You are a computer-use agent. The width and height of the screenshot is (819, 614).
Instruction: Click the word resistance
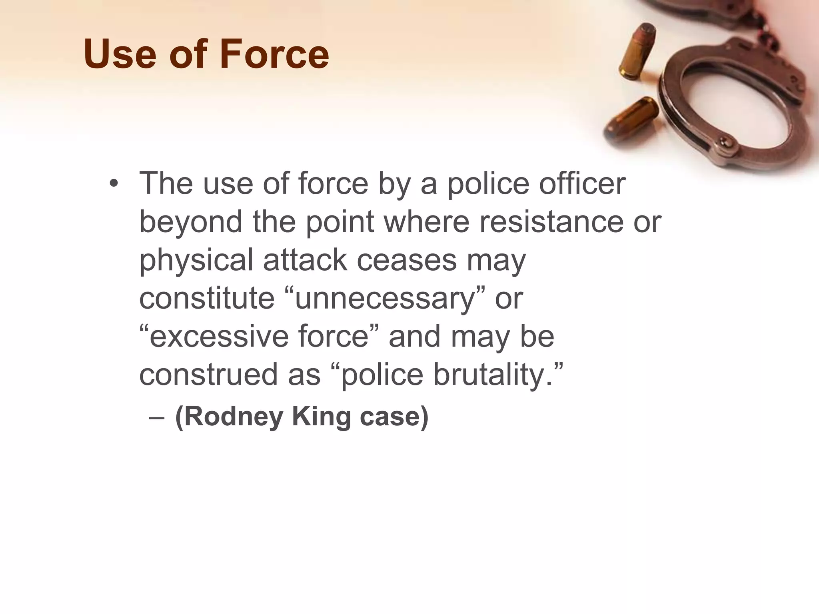coord(551,221)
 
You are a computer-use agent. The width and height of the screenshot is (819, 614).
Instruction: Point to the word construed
coord(208,375)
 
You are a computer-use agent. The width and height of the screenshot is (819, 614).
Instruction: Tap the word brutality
coord(493,375)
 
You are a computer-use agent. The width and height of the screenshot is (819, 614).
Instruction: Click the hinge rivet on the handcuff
coord(723,141)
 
